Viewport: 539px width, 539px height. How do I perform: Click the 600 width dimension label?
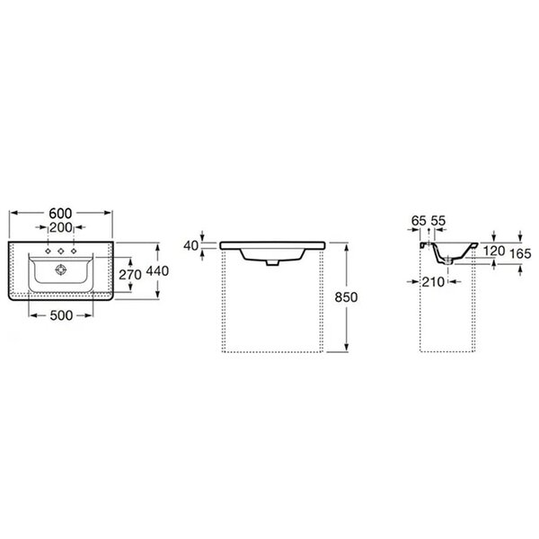60,214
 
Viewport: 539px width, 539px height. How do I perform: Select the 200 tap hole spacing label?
61,227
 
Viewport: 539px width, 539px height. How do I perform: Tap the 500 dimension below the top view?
61,315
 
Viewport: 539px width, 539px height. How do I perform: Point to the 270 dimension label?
130,274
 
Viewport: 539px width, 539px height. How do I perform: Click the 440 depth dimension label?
157,271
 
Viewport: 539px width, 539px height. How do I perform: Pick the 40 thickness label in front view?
191,246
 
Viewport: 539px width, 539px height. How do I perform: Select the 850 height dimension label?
347,297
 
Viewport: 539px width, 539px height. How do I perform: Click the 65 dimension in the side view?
419,221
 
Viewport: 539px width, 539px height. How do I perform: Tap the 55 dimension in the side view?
438,221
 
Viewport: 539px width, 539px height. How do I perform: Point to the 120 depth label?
494,251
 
